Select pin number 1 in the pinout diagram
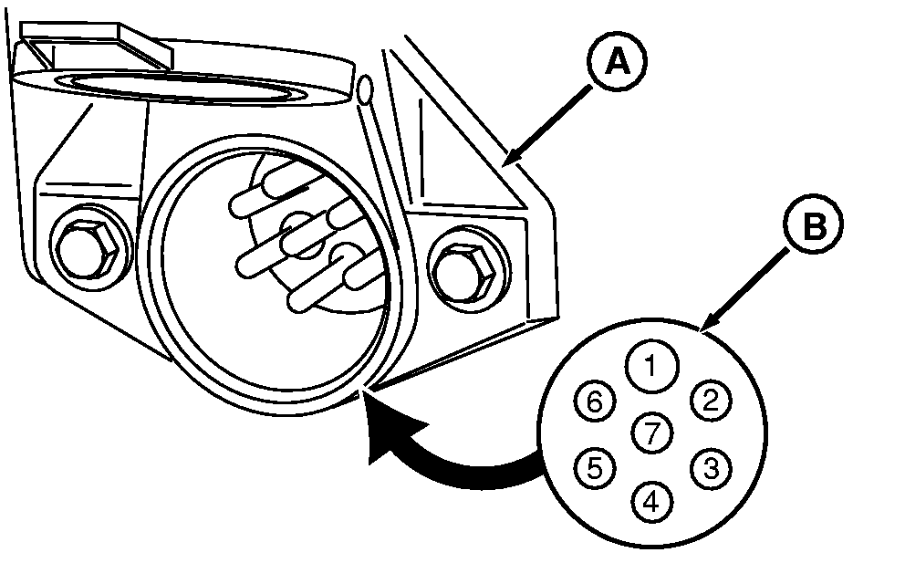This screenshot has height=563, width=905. [650, 367]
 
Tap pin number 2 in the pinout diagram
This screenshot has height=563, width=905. [709, 400]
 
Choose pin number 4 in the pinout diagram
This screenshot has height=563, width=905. [650, 500]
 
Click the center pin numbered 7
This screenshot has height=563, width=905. [651, 433]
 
